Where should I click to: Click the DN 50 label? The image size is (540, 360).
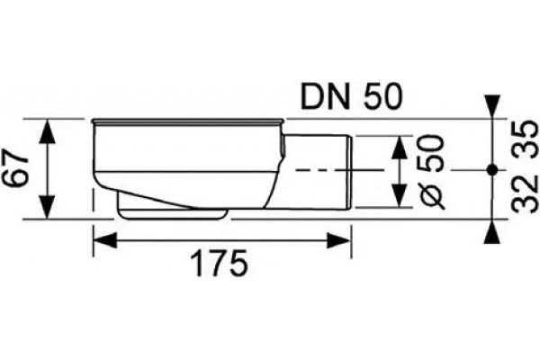351,97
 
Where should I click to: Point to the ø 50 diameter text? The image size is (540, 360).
431,172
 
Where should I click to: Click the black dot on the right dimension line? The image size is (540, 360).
492,169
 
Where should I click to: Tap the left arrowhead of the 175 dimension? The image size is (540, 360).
104,240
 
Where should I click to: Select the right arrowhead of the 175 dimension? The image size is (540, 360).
339,240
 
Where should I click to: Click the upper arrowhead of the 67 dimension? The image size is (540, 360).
47,130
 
